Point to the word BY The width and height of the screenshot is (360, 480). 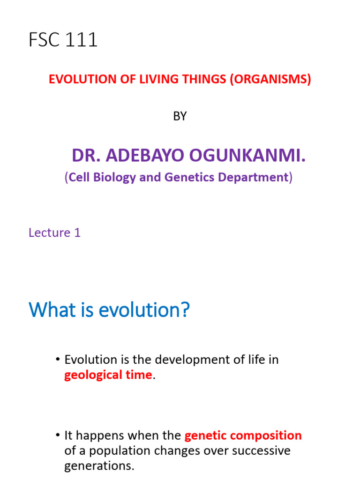(180, 117)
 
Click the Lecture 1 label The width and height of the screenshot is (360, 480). (54, 232)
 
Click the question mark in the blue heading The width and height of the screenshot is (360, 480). (186, 310)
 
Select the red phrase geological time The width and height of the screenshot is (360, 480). (108, 375)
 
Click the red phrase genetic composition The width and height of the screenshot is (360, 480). (243, 435)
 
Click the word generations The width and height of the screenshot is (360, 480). (99, 466)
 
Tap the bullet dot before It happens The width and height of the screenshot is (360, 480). (58, 435)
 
